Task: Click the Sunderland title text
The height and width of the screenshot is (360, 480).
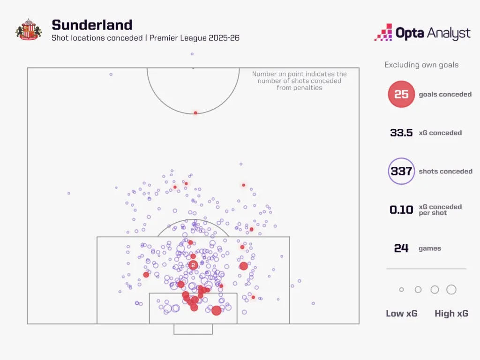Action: [x=92, y=25]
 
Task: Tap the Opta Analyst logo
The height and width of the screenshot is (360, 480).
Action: [x=422, y=33]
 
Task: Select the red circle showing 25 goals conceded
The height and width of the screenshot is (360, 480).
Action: [x=401, y=94]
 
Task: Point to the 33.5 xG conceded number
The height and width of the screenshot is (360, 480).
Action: [x=401, y=133]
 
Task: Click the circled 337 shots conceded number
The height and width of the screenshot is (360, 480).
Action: [x=401, y=171]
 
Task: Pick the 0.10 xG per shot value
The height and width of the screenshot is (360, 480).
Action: [x=401, y=210]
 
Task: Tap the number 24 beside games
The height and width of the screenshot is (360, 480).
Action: [x=401, y=248]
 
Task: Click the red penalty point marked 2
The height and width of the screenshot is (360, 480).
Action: [x=193, y=265]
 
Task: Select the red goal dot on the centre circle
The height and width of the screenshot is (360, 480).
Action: [x=195, y=113]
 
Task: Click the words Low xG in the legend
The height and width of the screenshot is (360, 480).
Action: [x=401, y=314]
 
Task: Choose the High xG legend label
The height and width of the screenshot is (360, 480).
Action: [x=451, y=314]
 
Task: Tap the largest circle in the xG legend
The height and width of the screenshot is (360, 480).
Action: [x=451, y=290]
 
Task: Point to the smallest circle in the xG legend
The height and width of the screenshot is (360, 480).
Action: [x=401, y=290]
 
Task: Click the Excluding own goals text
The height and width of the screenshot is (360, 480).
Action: [x=421, y=65]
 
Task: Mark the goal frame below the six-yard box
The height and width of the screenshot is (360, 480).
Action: [x=193, y=329]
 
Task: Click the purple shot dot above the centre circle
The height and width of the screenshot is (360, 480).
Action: [x=192, y=54]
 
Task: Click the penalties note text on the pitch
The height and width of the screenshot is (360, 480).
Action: [x=300, y=81]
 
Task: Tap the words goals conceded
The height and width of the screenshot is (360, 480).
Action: [x=445, y=94]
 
